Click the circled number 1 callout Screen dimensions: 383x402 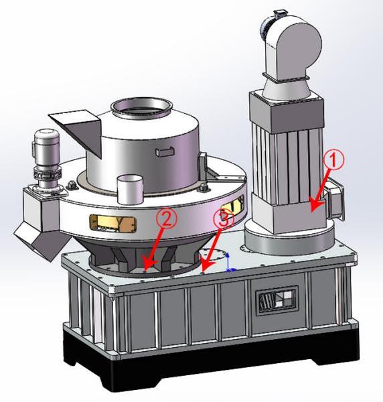333,159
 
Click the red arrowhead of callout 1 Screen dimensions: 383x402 315,205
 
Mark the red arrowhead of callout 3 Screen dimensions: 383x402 207,265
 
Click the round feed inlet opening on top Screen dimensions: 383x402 141,108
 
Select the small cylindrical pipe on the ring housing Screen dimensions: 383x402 131,190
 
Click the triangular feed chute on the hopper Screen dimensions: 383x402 77,131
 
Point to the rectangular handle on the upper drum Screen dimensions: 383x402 165,151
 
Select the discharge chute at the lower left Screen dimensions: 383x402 42,241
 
